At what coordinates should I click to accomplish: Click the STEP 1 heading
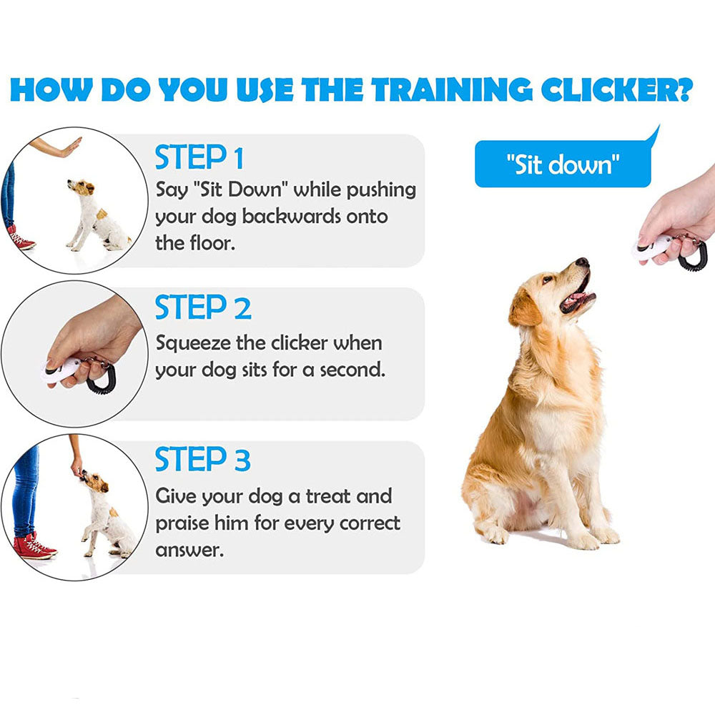[199, 157]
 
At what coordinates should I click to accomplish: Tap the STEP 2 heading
[203, 308]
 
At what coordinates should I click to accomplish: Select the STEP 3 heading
[203, 460]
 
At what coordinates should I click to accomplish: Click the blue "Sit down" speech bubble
[563, 164]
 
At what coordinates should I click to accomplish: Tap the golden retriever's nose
[583, 262]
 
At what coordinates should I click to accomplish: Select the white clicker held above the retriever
[652, 248]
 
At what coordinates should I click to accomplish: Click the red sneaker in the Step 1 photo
[20, 240]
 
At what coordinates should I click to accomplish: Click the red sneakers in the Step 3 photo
[32, 547]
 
